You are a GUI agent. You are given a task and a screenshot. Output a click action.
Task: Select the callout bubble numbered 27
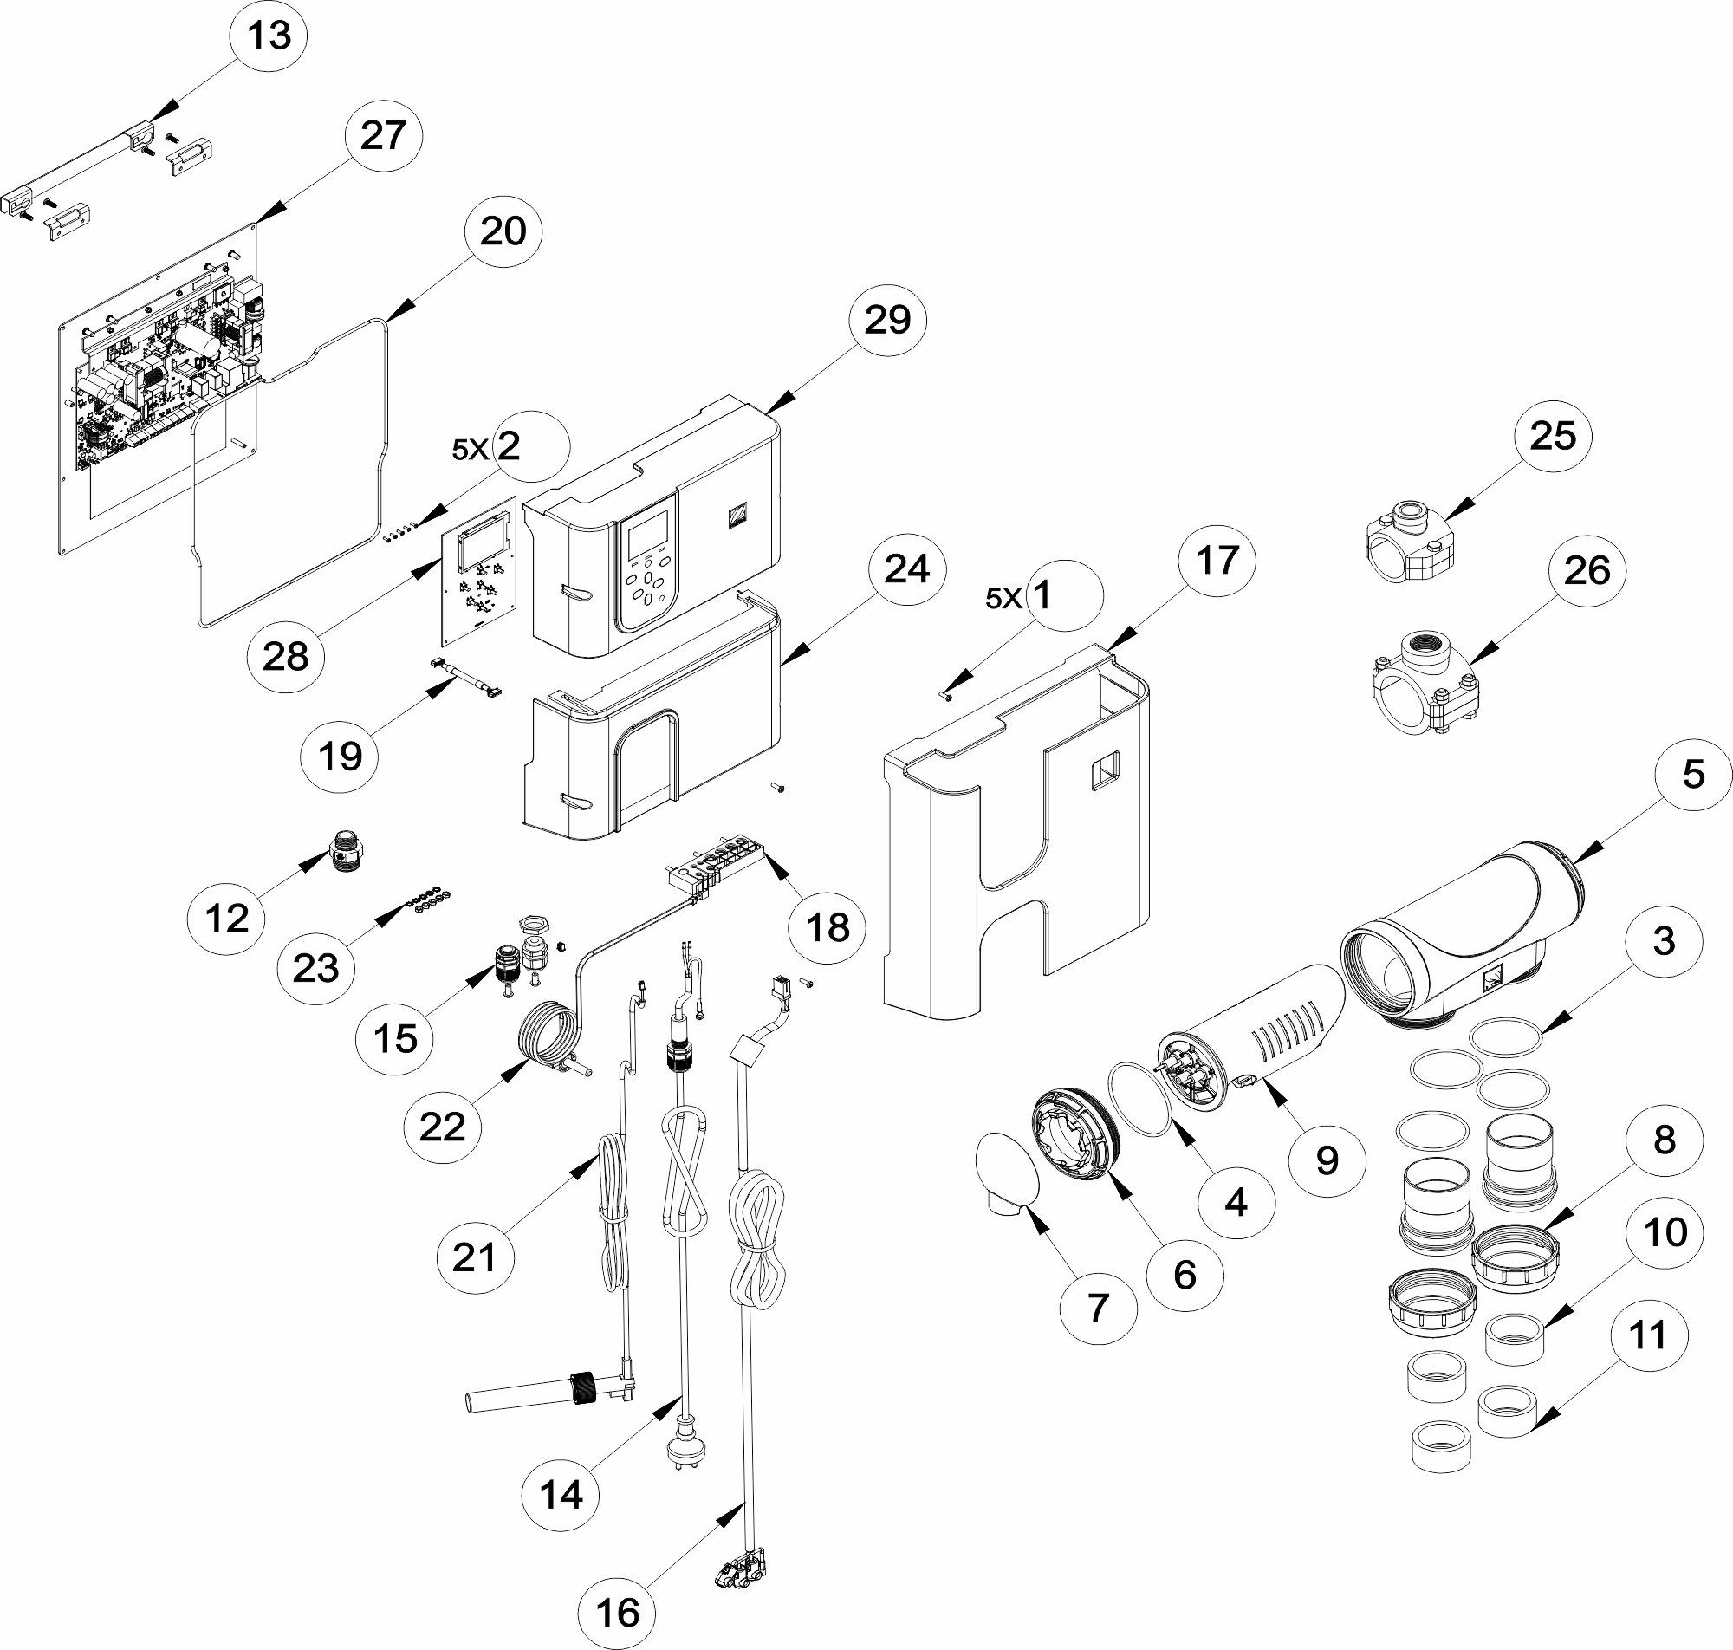click(382, 135)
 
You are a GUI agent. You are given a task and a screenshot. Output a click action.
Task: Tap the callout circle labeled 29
click(887, 319)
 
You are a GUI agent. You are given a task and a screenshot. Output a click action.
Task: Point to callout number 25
click(1553, 435)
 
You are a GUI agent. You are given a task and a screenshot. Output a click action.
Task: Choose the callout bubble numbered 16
click(618, 1612)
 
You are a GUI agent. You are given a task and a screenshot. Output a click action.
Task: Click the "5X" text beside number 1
click(1003, 599)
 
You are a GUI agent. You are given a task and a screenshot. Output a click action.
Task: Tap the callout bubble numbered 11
click(1649, 1335)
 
